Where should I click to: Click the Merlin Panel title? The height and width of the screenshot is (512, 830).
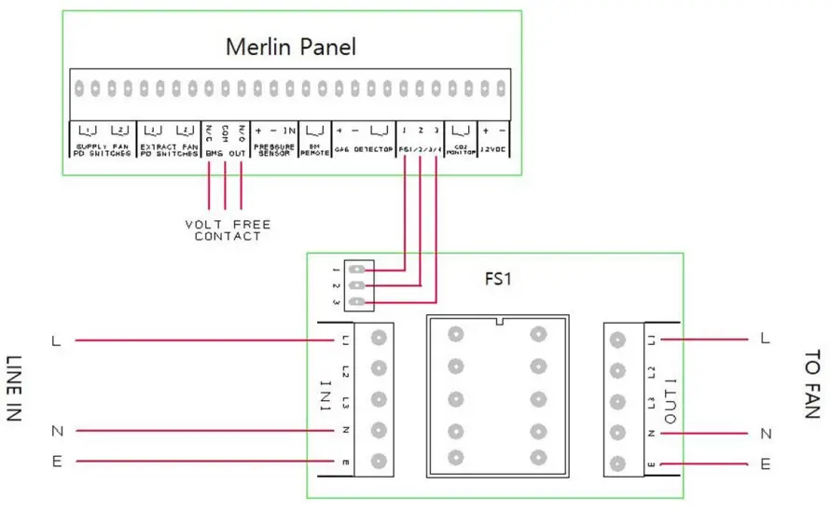point(291,47)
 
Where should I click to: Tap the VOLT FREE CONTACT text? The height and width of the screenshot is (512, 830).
point(228,230)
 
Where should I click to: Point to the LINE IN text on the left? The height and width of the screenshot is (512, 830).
point(13,389)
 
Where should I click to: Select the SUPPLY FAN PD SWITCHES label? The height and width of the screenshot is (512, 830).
point(104,150)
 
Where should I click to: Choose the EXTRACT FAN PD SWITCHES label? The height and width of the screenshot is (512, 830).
point(169,150)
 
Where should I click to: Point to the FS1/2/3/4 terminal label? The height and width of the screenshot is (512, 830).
point(420,150)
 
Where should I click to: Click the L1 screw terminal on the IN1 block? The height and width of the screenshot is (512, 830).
point(378,338)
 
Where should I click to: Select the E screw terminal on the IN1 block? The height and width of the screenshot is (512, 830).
point(378,461)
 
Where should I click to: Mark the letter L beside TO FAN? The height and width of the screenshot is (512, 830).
point(765,339)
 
